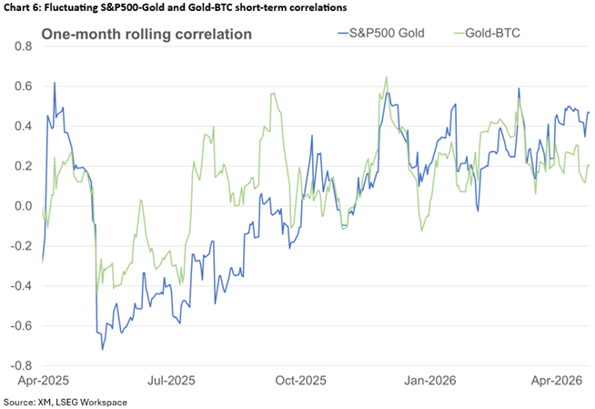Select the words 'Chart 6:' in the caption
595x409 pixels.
click(x=25, y=7)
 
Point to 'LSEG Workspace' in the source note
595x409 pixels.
click(x=95, y=402)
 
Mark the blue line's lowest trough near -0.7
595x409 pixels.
click(x=102, y=349)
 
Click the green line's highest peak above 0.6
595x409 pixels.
click(x=387, y=77)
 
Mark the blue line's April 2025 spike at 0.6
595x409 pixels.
click(x=55, y=83)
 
